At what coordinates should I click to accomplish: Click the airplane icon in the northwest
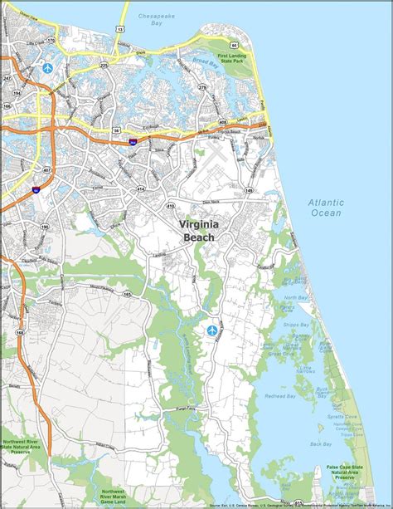click(x=48, y=67)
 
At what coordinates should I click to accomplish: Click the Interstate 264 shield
click(x=133, y=142)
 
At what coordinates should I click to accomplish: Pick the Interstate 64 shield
click(x=36, y=190)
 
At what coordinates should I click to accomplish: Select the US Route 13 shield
click(x=121, y=29)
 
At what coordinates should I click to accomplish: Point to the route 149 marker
click(x=249, y=190)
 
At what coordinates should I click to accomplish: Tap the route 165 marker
click(x=127, y=294)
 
